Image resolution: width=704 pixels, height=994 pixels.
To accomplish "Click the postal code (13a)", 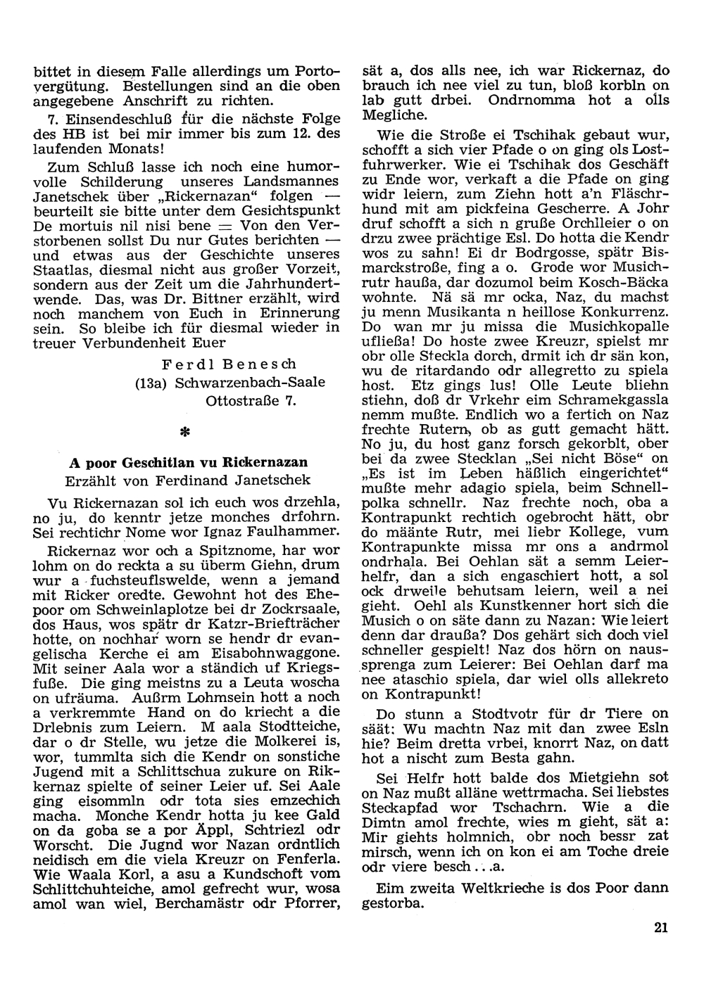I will [151, 383].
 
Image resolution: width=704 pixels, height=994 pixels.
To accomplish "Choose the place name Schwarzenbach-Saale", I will [250, 383].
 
